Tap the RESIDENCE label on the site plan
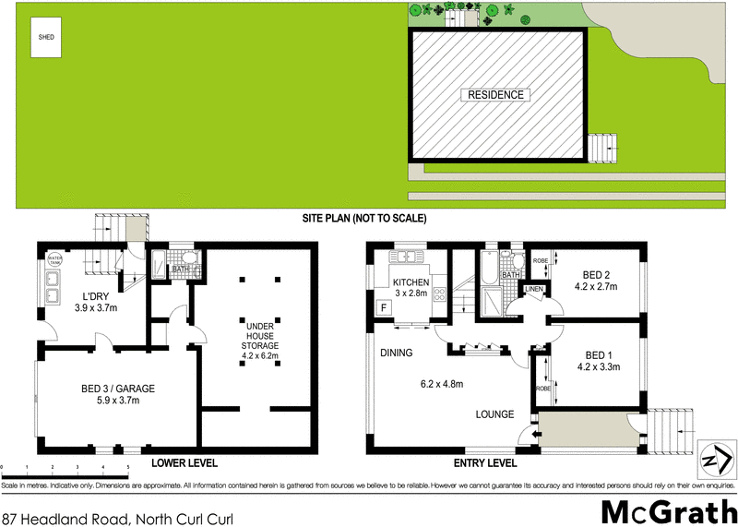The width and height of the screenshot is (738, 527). click(495, 95)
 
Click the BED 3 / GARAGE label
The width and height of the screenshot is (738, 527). click(116, 389)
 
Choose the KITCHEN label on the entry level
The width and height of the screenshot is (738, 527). click(411, 282)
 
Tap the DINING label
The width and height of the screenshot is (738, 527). click(396, 353)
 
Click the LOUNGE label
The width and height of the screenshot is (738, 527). click(495, 414)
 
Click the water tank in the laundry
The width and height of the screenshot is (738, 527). click(54, 259)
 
